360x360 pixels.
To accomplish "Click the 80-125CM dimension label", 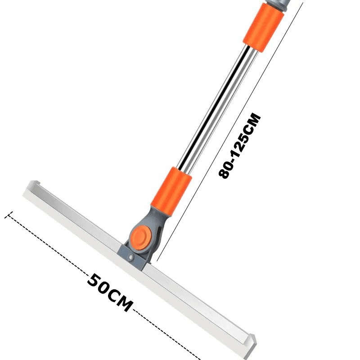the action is tap(240, 145).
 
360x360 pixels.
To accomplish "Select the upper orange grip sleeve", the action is tap(263, 27).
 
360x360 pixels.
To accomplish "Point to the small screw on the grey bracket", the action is tap(131, 257).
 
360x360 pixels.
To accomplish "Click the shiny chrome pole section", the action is tap(217, 108).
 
